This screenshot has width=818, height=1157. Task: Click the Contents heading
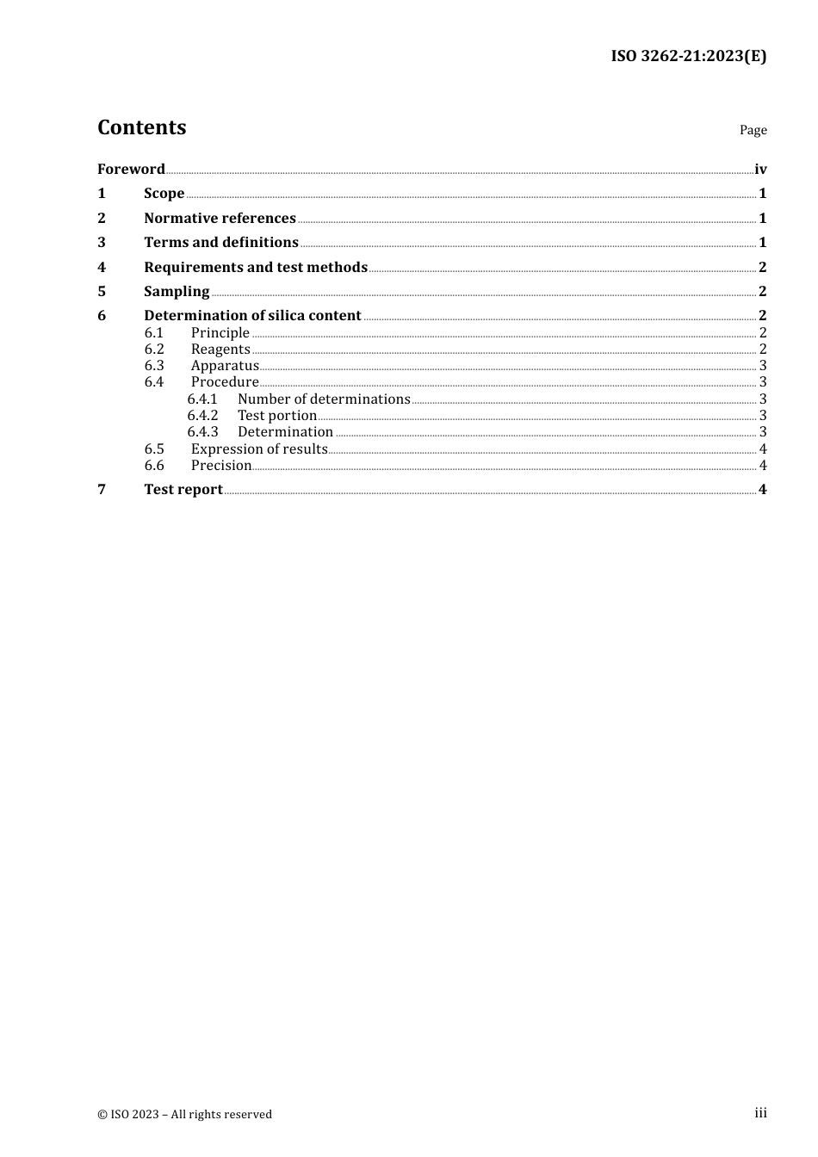(141, 127)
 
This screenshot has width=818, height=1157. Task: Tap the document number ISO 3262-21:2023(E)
(688, 56)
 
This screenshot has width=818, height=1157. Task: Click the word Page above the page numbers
(753, 130)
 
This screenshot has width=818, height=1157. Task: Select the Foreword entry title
(131, 169)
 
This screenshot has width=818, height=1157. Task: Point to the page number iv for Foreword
(760, 169)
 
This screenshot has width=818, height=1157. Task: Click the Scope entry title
(164, 193)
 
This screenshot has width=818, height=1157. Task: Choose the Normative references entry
(220, 218)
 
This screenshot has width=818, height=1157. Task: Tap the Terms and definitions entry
(220, 242)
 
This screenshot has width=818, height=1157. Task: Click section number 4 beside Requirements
(102, 267)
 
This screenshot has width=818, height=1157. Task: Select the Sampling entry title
(177, 291)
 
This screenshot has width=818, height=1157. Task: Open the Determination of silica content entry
(252, 315)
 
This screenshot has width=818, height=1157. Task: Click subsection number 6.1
(154, 332)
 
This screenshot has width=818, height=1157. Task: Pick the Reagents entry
(220, 349)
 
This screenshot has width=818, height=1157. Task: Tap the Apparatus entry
(225, 365)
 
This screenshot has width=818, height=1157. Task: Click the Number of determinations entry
(324, 399)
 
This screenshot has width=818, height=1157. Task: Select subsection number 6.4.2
(202, 415)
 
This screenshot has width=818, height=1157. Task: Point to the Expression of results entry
(259, 449)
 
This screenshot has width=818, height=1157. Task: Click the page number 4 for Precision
(763, 465)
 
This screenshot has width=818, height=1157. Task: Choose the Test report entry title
(183, 489)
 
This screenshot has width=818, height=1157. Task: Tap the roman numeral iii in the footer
(760, 1112)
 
